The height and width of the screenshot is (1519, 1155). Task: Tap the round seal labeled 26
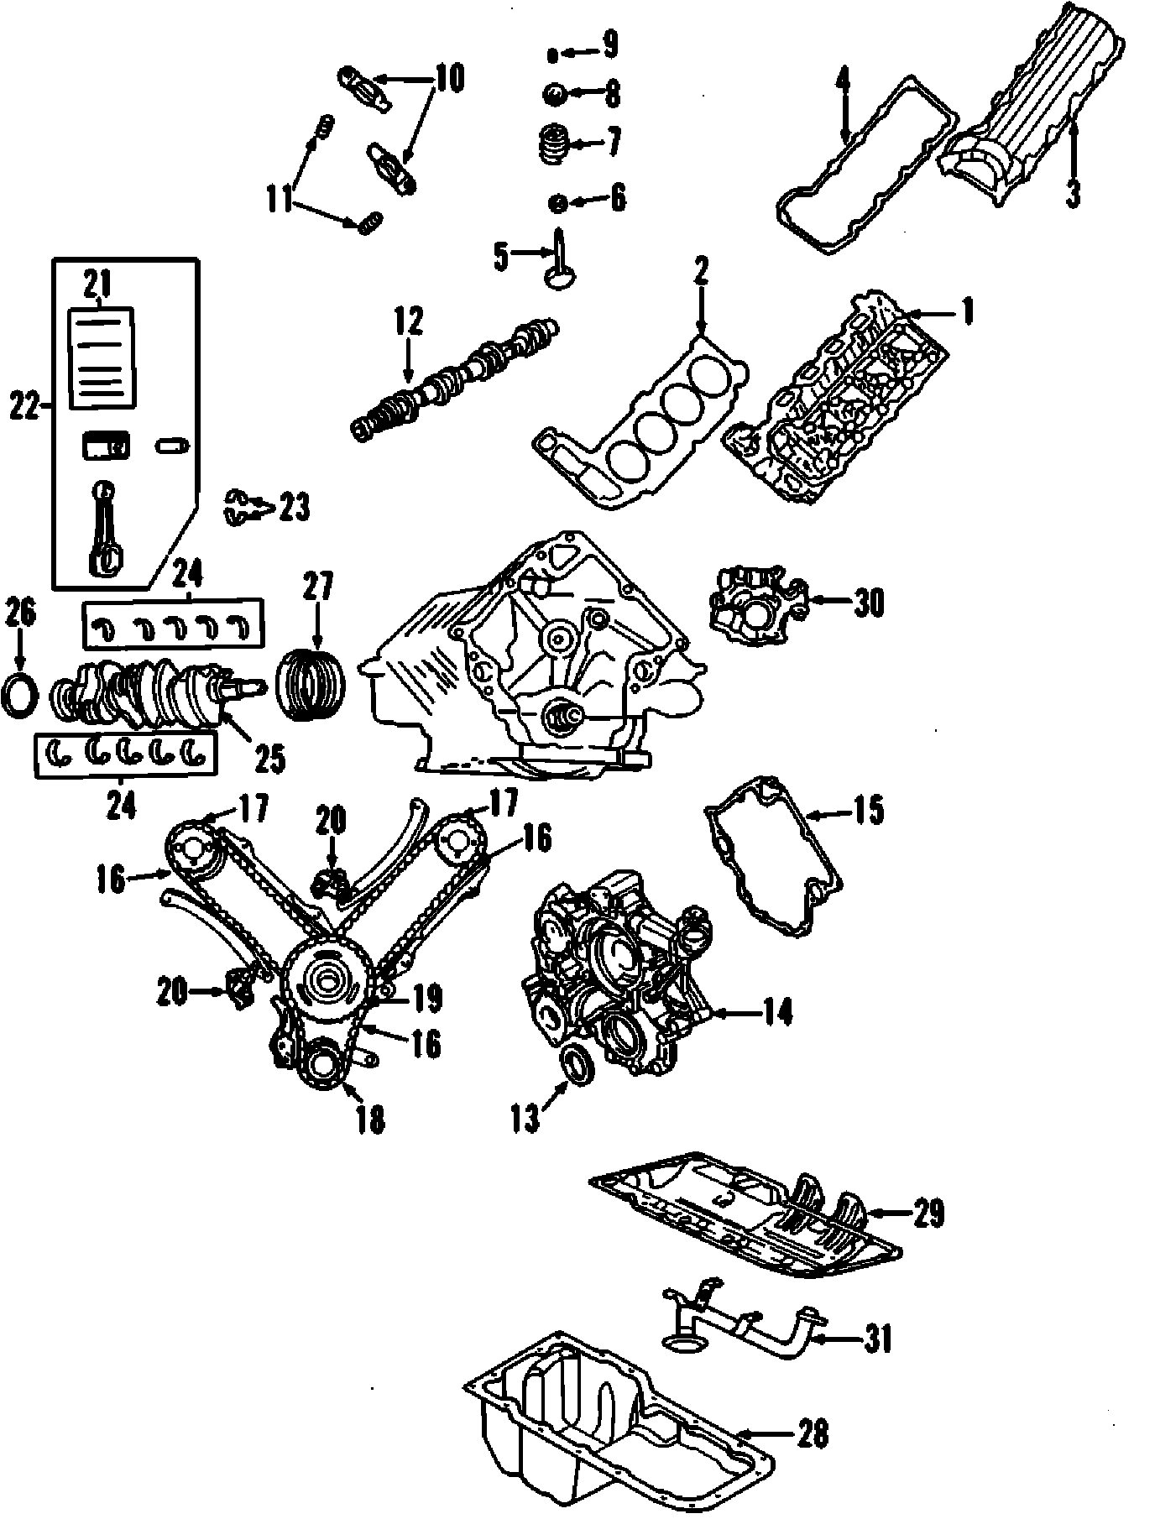pyautogui.click(x=21, y=694)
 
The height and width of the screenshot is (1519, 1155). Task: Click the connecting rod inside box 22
pyautogui.click(x=107, y=533)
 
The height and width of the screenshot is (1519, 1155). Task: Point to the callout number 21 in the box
pyautogui.click(x=97, y=285)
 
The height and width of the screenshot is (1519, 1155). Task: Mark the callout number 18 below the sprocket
pyautogui.click(x=369, y=1119)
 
